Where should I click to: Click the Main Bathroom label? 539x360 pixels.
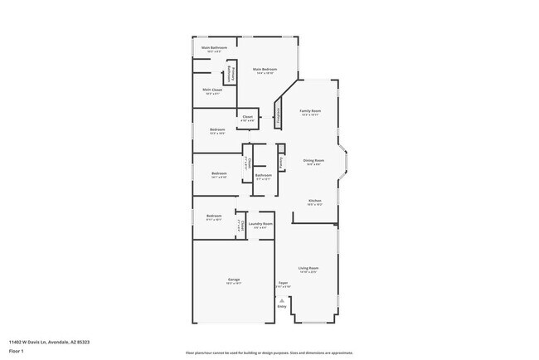[x=214, y=48]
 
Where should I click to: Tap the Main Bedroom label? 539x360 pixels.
[x=264, y=70]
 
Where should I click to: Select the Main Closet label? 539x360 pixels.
[x=212, y=90]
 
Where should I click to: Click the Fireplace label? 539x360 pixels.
[x=279, y=115]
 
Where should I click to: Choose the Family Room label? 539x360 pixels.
[x=310, y=110]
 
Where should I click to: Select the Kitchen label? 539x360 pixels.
[x=315, y=201]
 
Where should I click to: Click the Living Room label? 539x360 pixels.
[x=308, y=268]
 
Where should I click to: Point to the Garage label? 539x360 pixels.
[x=234, y=280]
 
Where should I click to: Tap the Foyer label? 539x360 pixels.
[x=283, y=284]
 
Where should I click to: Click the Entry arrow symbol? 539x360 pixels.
[x=282, y=300]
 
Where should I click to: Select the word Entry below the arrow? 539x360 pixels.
[x=282, y=307]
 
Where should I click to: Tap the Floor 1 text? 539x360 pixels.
[x=17, y=350]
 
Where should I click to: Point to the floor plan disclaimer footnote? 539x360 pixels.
[x=269, y=353]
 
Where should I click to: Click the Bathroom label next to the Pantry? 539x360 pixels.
[x=264, y=175]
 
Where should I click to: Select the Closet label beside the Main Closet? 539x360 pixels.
[x=247, y=117]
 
